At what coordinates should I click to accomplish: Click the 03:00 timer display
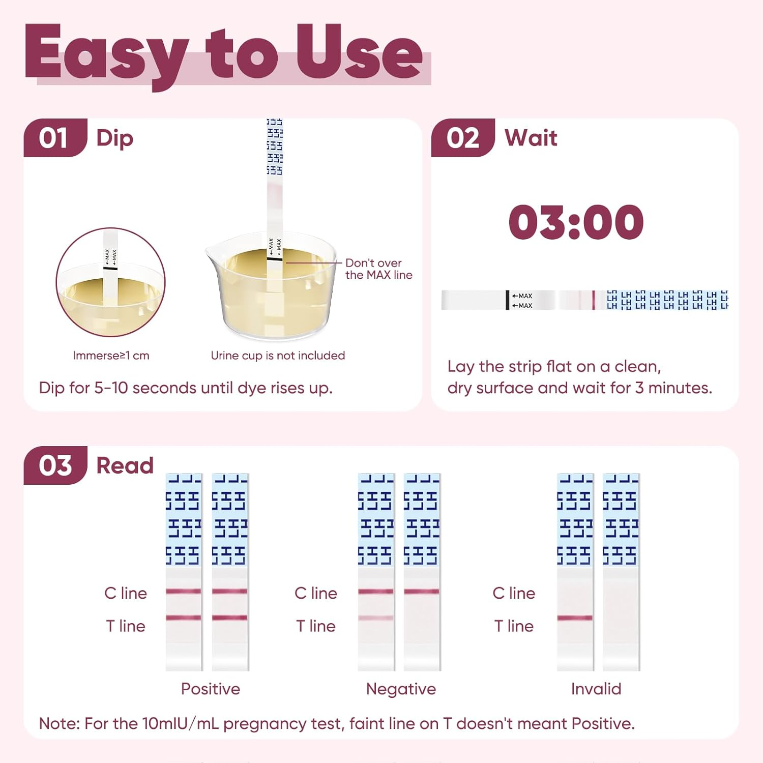tap(576, 222)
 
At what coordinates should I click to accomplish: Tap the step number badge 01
tap(53, 138)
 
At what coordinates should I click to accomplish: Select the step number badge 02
tap(462, 138)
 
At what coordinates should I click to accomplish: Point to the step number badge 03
tap(55, 465)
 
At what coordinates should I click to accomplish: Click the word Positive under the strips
tap(211, 689)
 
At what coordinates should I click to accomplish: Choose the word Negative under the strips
tap(401, 689)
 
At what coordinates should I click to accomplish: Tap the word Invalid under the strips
tap(596, 689)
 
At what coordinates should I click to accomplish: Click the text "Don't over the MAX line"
tap(378, 269)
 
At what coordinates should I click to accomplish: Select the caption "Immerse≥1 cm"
tap(111, 356)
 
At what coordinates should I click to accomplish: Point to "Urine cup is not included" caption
tap(278, 356)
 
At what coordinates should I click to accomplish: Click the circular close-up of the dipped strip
tap(110, 282)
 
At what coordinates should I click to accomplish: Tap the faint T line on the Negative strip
tap(376, 618)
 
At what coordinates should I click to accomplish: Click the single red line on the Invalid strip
tap(575, 618)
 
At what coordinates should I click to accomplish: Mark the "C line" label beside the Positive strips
tap(126, 593)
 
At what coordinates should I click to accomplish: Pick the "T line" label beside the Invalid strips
tap(514, 626)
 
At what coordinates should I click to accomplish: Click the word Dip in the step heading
tap(114, 138)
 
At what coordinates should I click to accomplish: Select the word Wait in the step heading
tap(531, 138)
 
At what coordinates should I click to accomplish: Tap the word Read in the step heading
tap(125, 465)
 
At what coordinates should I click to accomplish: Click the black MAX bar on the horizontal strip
tap(507, 300)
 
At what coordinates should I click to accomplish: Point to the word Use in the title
tap(359, 53)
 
